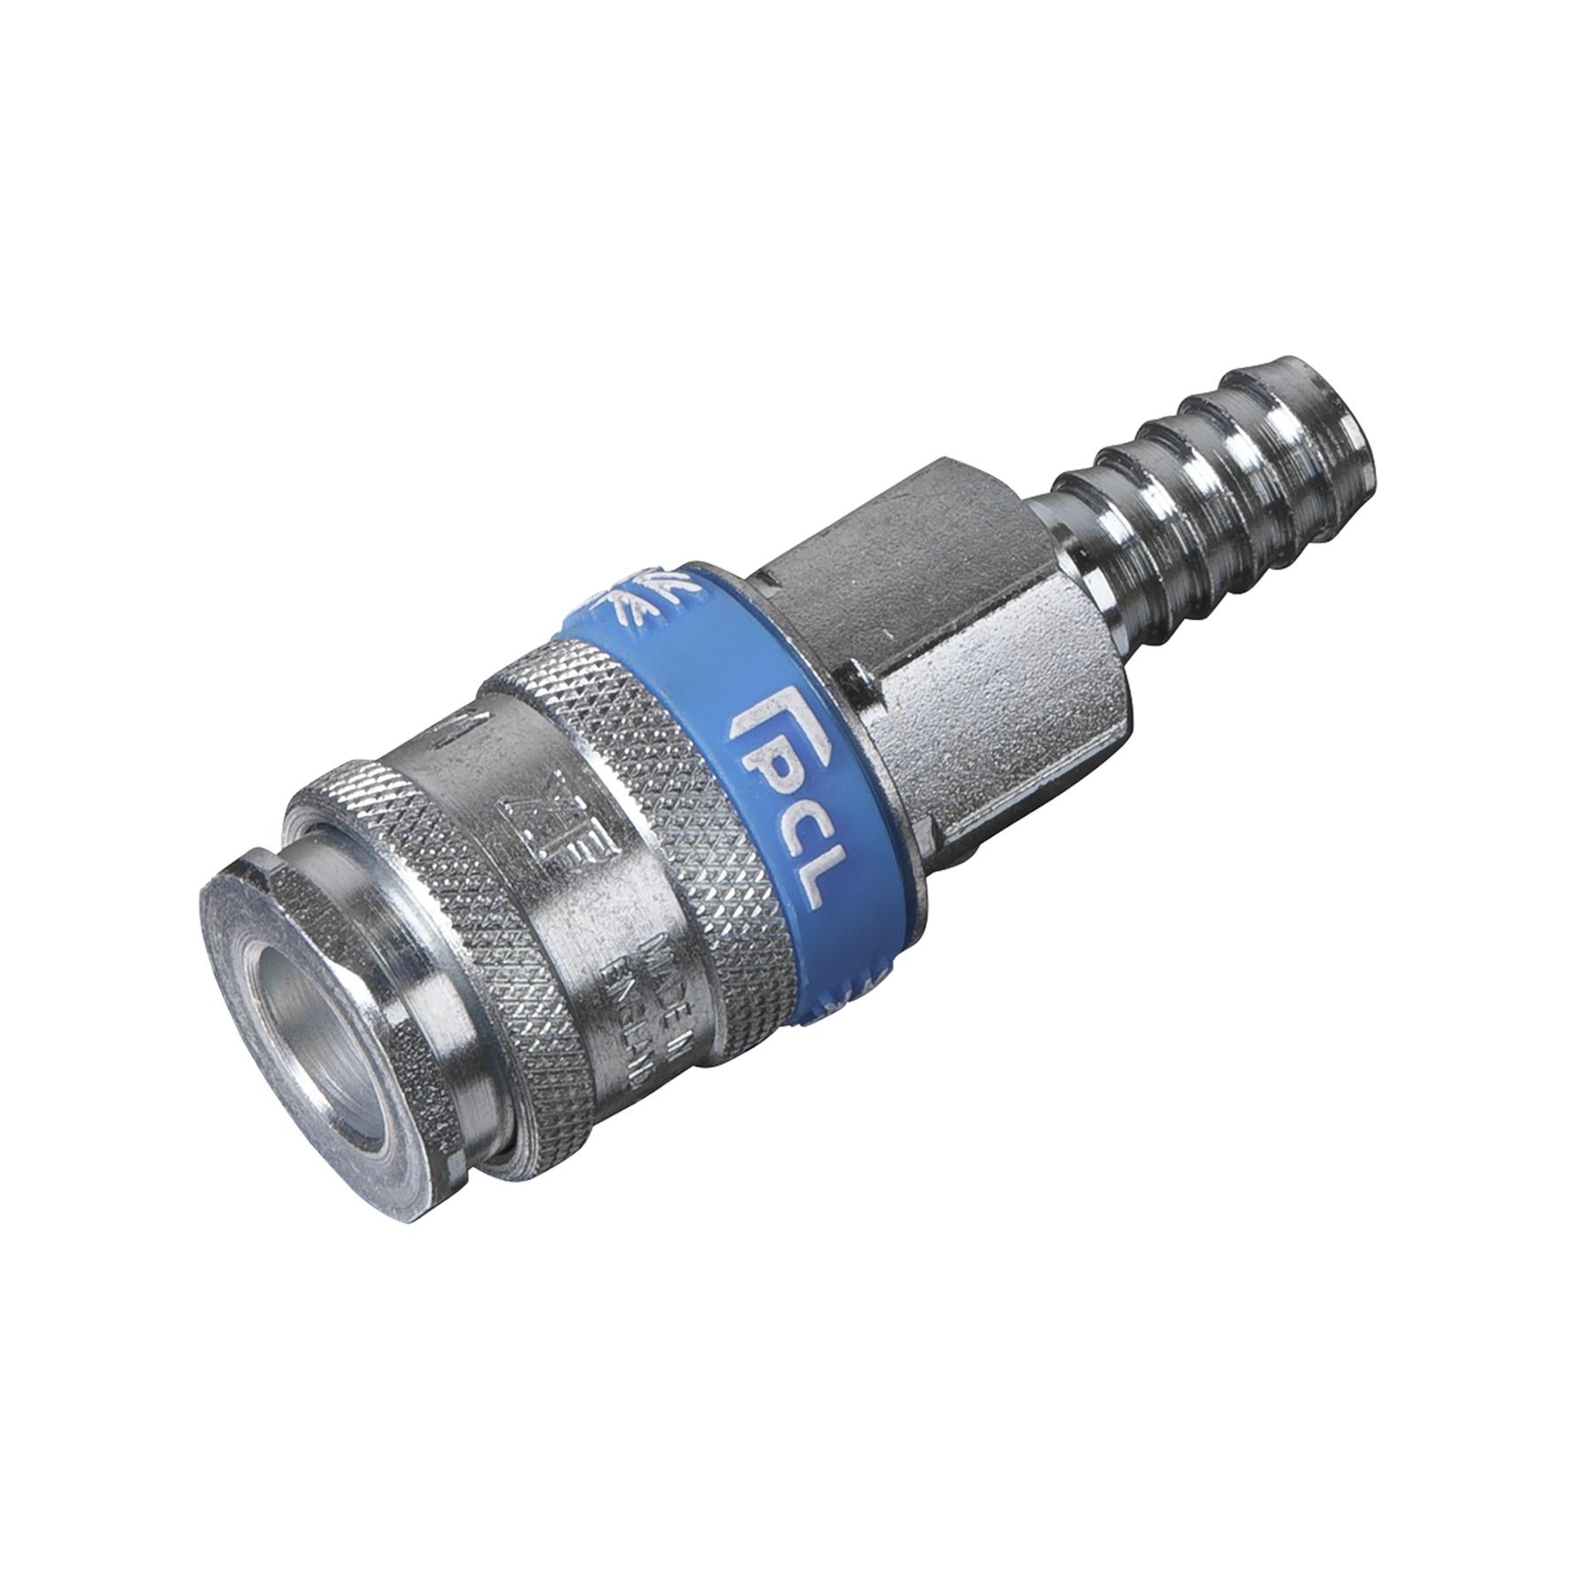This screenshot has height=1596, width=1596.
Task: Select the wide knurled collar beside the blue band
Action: coord(621,754)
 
